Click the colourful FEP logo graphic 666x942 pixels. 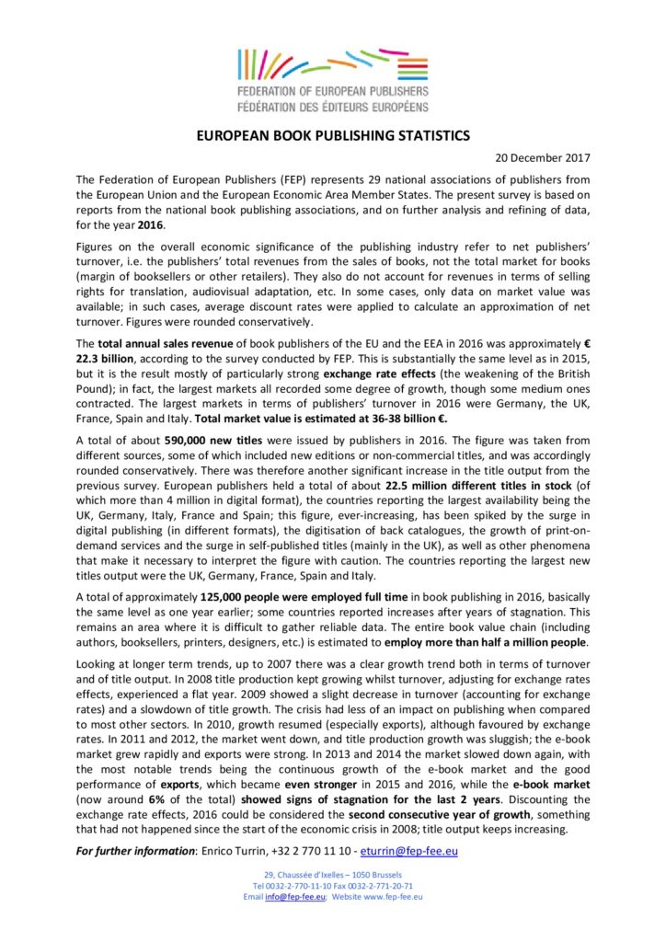(x=333, y=64)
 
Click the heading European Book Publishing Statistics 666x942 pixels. (x=333, y=135)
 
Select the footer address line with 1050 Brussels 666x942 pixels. (x=333, y=874)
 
